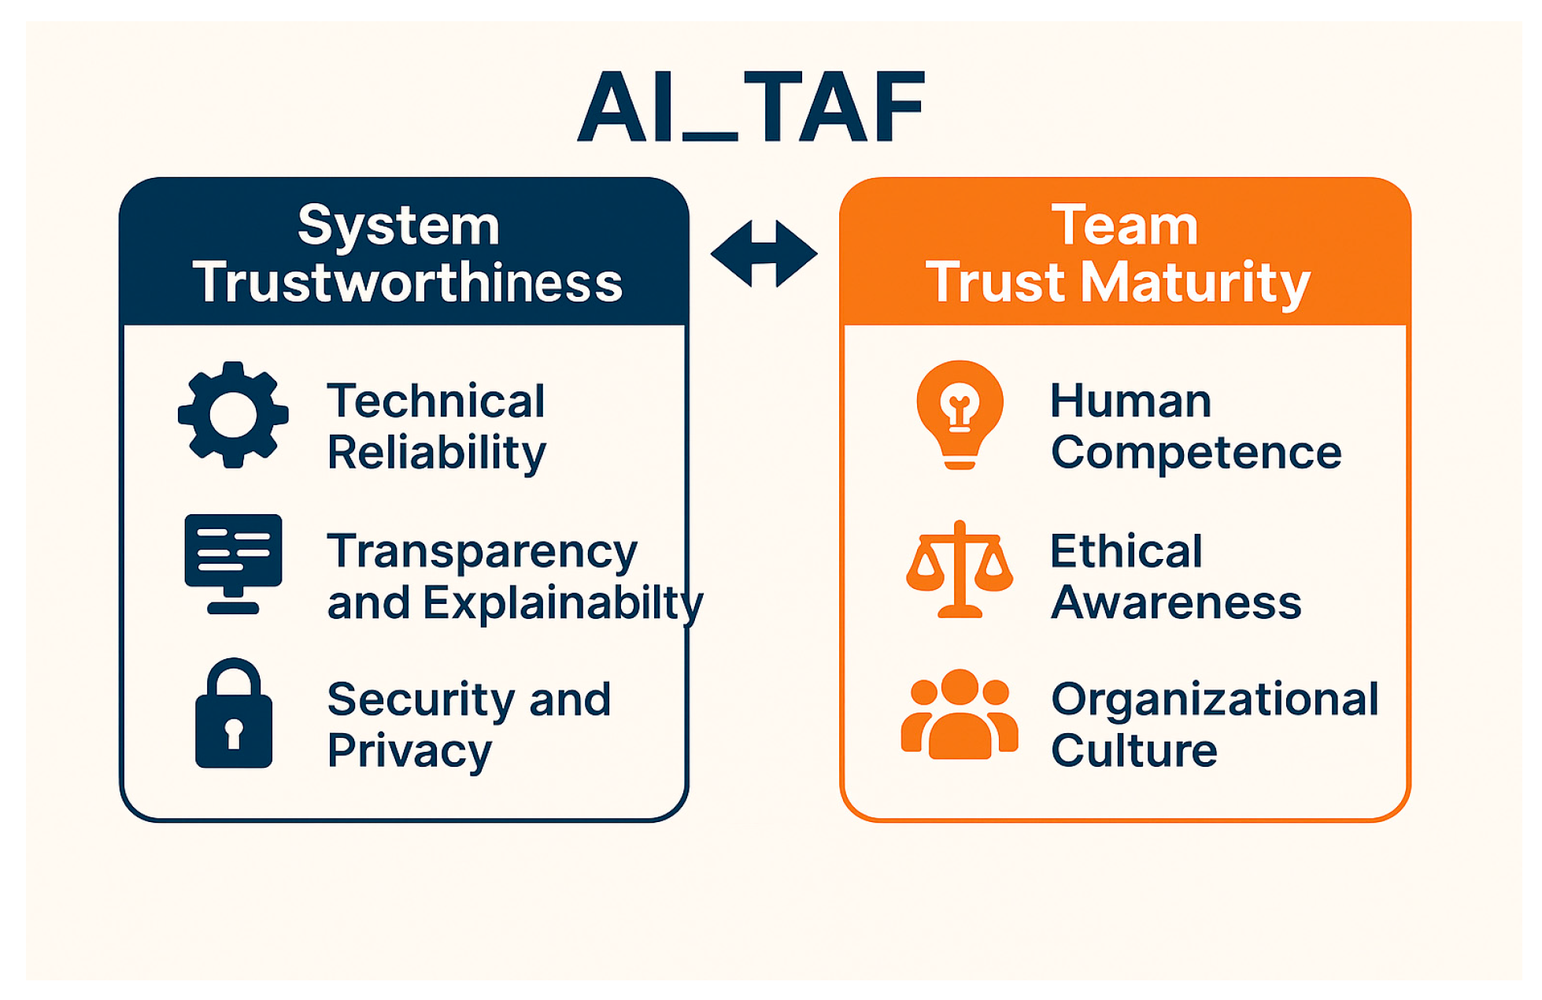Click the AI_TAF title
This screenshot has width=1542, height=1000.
[752, 106]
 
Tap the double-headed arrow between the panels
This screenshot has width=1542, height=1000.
[764, 254]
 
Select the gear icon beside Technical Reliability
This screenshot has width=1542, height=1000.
[233, 415]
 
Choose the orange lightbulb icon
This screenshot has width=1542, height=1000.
[960, 413]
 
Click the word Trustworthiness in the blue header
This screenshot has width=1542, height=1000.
[408, 282]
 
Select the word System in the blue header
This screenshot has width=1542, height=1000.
[399, 225]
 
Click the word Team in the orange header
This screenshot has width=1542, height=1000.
[1125, 225]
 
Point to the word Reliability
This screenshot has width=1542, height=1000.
[437, 453]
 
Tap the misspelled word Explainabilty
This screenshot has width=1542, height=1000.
[563, 603]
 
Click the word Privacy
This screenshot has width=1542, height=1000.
[409, 751]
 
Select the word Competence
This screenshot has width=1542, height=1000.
[1196, 453]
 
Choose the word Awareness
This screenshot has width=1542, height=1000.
[1176, 603]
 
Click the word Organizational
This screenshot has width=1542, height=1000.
[1215, 699]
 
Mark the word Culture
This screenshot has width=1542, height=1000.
[1134, 750]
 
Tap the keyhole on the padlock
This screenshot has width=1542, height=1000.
[234, 732]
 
